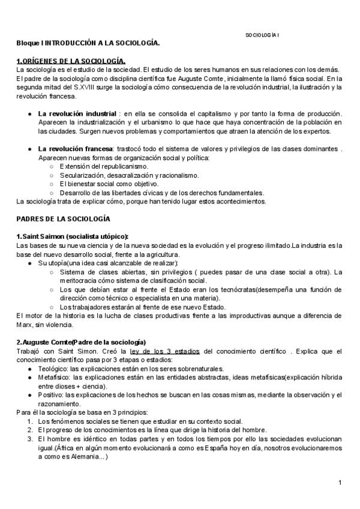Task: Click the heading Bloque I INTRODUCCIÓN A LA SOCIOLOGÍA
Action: tap(88, 44)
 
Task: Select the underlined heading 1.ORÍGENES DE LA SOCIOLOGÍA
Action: tap(71, 61)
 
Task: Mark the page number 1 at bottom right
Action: tap(339, 483)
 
